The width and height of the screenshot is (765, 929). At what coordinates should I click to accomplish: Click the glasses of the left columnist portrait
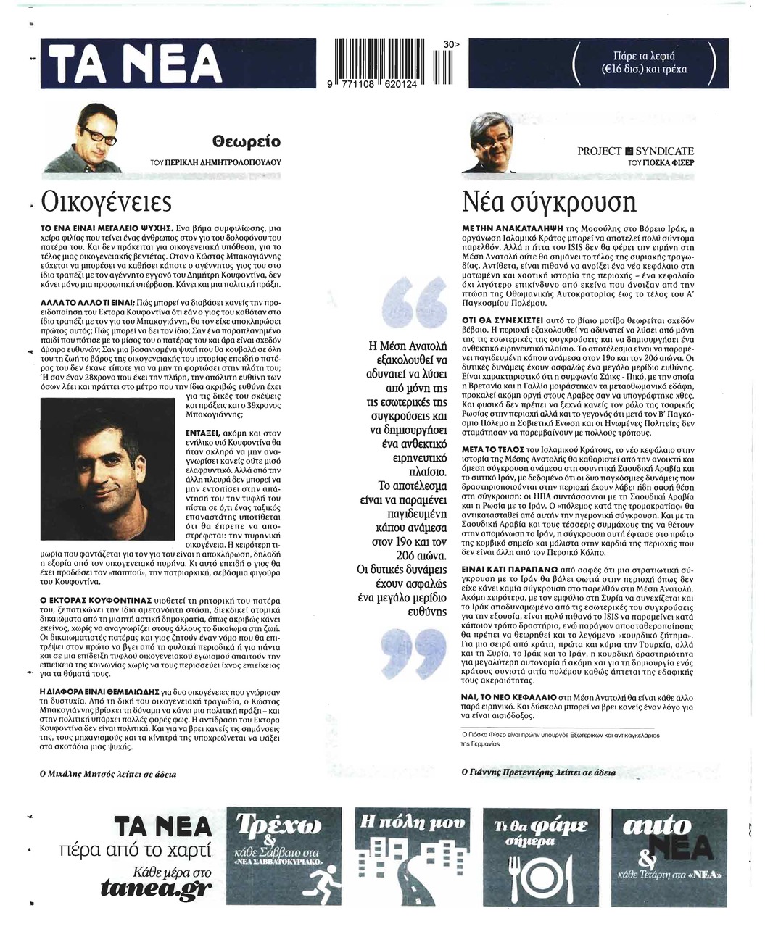coord(96,133)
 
